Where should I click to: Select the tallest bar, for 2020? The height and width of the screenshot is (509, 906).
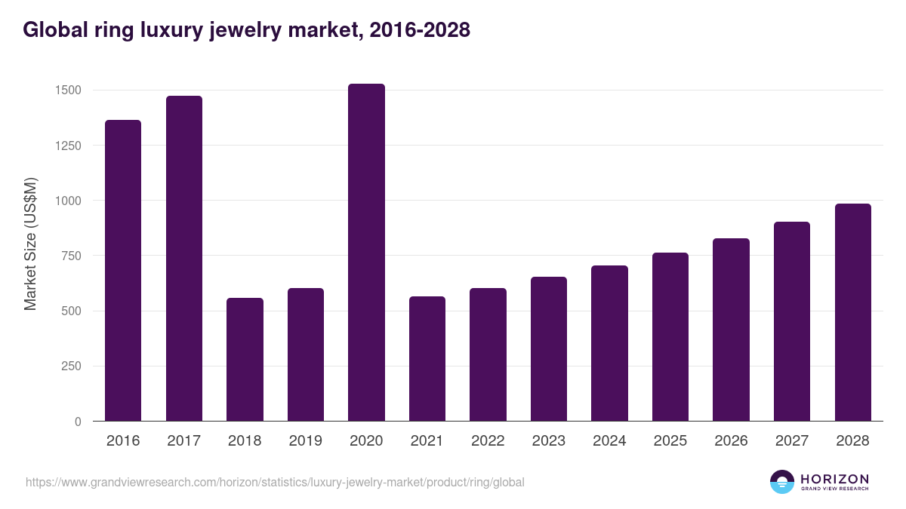tap(366, 252)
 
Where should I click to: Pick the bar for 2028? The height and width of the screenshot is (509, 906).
tap(852, 312)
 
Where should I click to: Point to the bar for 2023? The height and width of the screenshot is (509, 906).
tap(549, 348)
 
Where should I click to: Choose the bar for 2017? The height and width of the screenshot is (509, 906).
tap(184, 258)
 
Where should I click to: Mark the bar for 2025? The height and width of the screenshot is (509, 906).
tap(670, 336)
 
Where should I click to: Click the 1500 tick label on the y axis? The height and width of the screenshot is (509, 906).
tap(68, 90)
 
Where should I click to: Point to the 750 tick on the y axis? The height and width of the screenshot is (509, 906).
tap(71, 256)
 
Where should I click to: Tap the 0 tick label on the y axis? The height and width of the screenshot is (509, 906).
tap(77, 422)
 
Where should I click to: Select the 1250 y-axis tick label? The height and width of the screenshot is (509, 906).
tap(68, 146)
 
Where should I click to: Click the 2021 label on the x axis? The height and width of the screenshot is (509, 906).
tap(427, 441)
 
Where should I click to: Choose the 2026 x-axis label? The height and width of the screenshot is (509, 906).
tap(731, 441)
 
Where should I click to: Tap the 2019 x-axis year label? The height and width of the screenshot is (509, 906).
tap(305, 441)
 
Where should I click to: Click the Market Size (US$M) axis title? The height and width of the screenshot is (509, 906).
tap(30, 244)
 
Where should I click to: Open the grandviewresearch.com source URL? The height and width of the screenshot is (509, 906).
tap(275, 482)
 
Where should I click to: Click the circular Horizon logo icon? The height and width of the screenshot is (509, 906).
tap(782, 482)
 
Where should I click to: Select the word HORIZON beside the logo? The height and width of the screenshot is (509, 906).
tap(834, 479)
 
